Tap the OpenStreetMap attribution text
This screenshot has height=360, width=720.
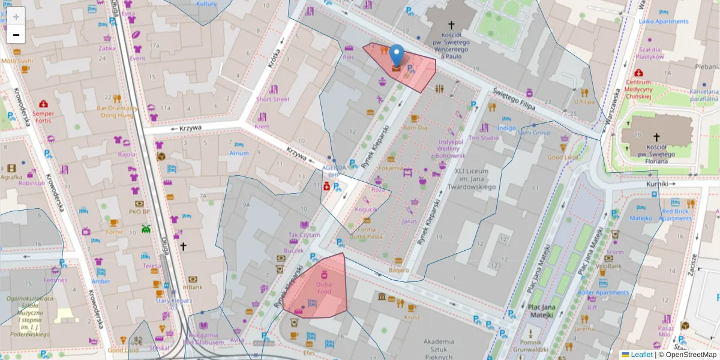pyautogui.click(x=690, y=355)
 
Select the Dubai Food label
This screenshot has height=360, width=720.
pyautogui.click(x=324, y=287)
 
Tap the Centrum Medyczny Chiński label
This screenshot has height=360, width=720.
pyautogui.click(x=638, y=89)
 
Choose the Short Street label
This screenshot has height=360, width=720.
pyautogui.click(x=273, y=99)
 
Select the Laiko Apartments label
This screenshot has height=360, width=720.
pyautogui.click(x=664, y=22)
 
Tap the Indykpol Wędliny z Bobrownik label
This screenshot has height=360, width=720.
pyautogui.click(x=452, y=149)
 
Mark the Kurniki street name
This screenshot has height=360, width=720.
pyautogui.click(x=657, y=185)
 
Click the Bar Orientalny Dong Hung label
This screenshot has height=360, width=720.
pyautogui.click(x=117, y=112)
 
